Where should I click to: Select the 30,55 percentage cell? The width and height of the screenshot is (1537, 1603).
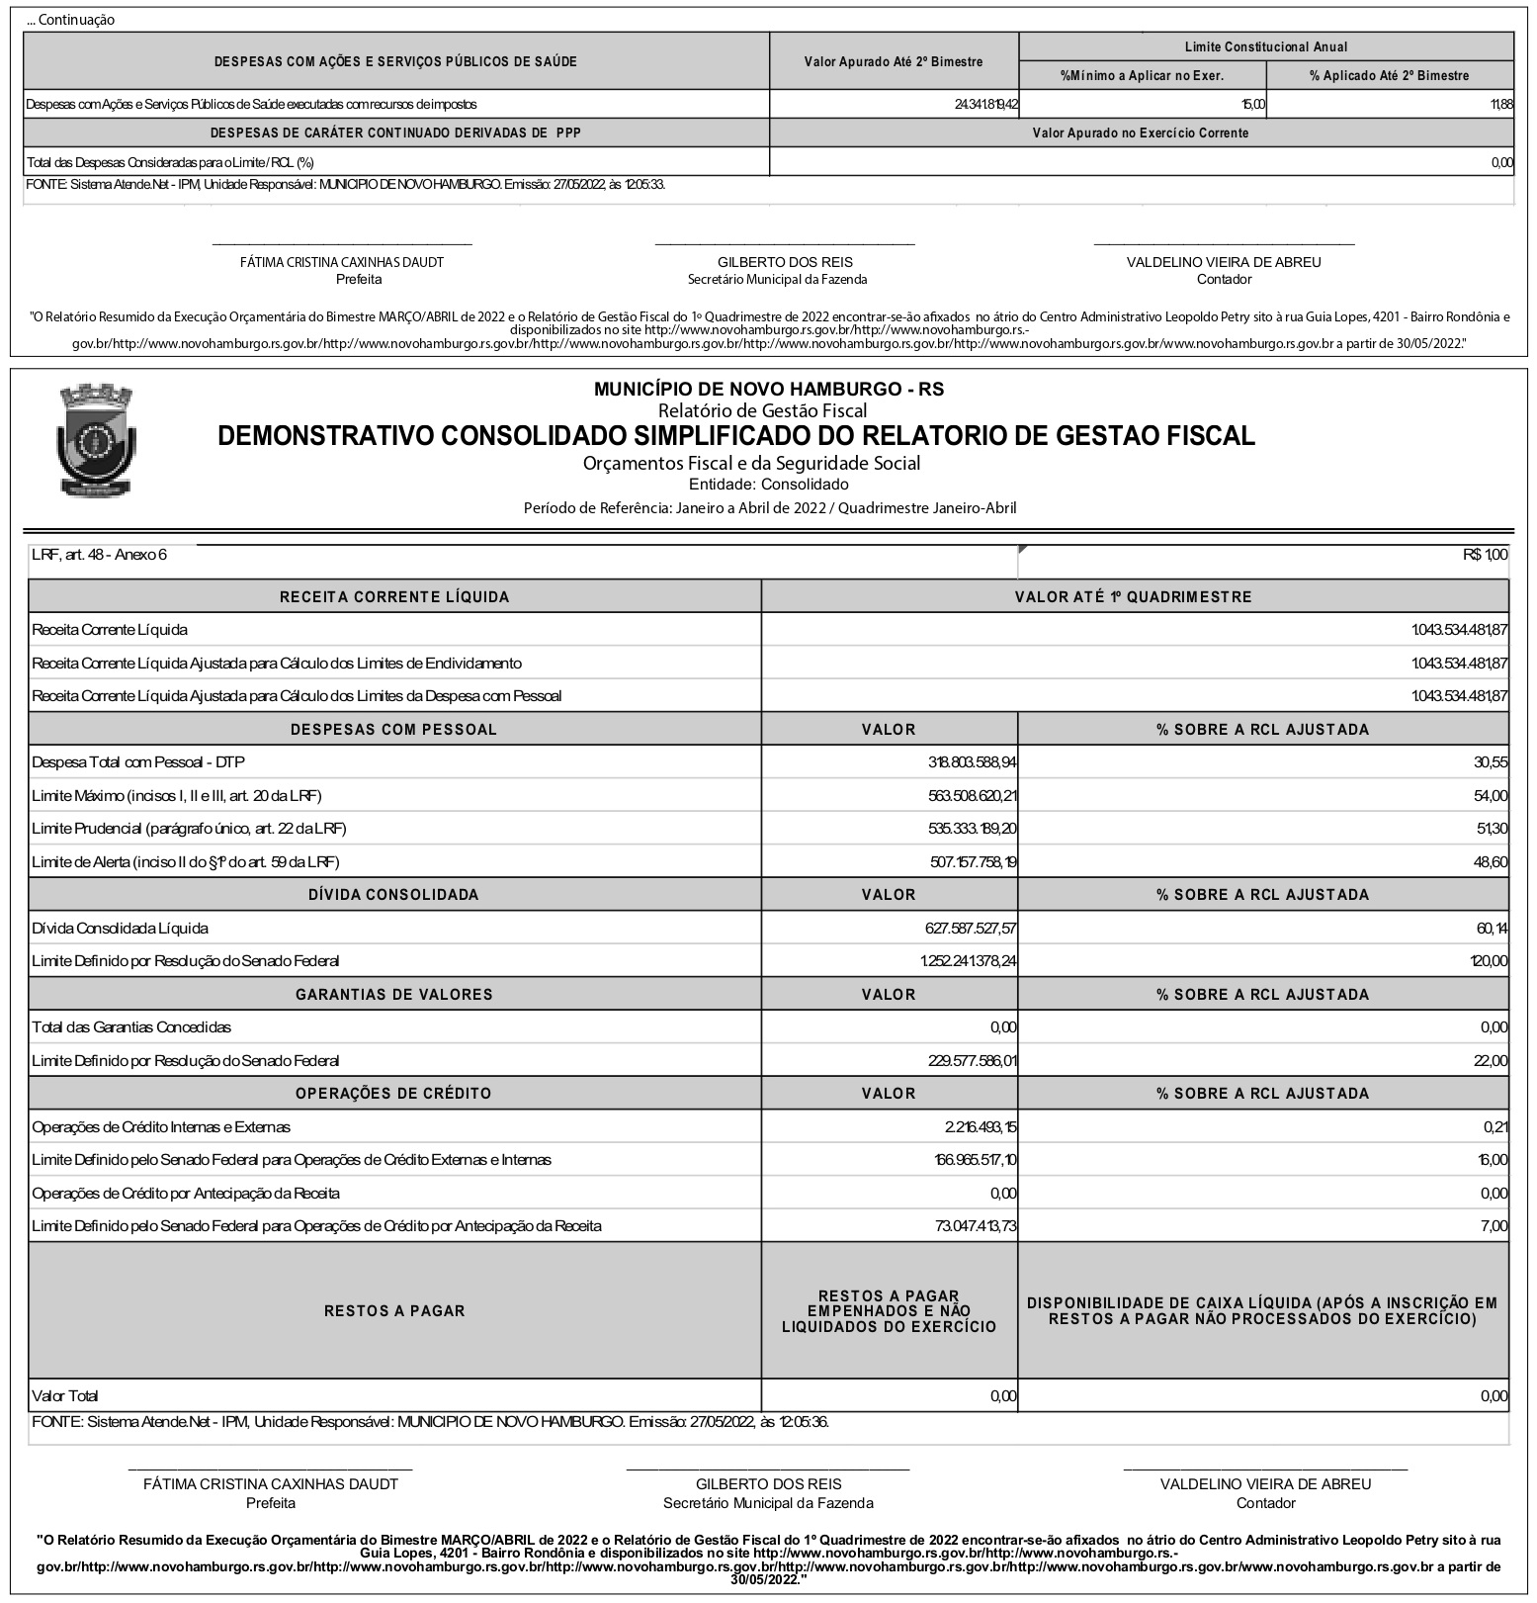coord(1491,762)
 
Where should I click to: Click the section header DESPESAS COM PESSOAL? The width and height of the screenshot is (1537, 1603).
coord(393,730)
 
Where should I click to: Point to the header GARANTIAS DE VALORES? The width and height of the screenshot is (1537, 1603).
coord(393,995)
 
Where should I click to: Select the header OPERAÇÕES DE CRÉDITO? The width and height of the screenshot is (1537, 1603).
coord(393,1094)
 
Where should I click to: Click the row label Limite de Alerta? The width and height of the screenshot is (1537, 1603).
coord(186,862)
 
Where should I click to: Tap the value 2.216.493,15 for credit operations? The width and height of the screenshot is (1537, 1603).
coord(981,1127)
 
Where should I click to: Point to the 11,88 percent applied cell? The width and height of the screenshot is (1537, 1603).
coord(1501,104)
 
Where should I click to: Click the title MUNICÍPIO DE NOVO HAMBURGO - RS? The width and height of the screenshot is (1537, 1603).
coord(768,390)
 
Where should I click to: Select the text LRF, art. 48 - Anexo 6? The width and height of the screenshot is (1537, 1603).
coord(99,555)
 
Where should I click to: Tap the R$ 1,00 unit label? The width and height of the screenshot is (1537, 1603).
coord(1486,555)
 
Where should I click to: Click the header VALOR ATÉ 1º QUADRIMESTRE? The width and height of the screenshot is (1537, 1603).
coord(1133,597)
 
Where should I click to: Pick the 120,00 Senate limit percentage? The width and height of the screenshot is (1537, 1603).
coord(1489,961)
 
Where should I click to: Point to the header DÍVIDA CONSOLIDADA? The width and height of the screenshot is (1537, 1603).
coord(393,895)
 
